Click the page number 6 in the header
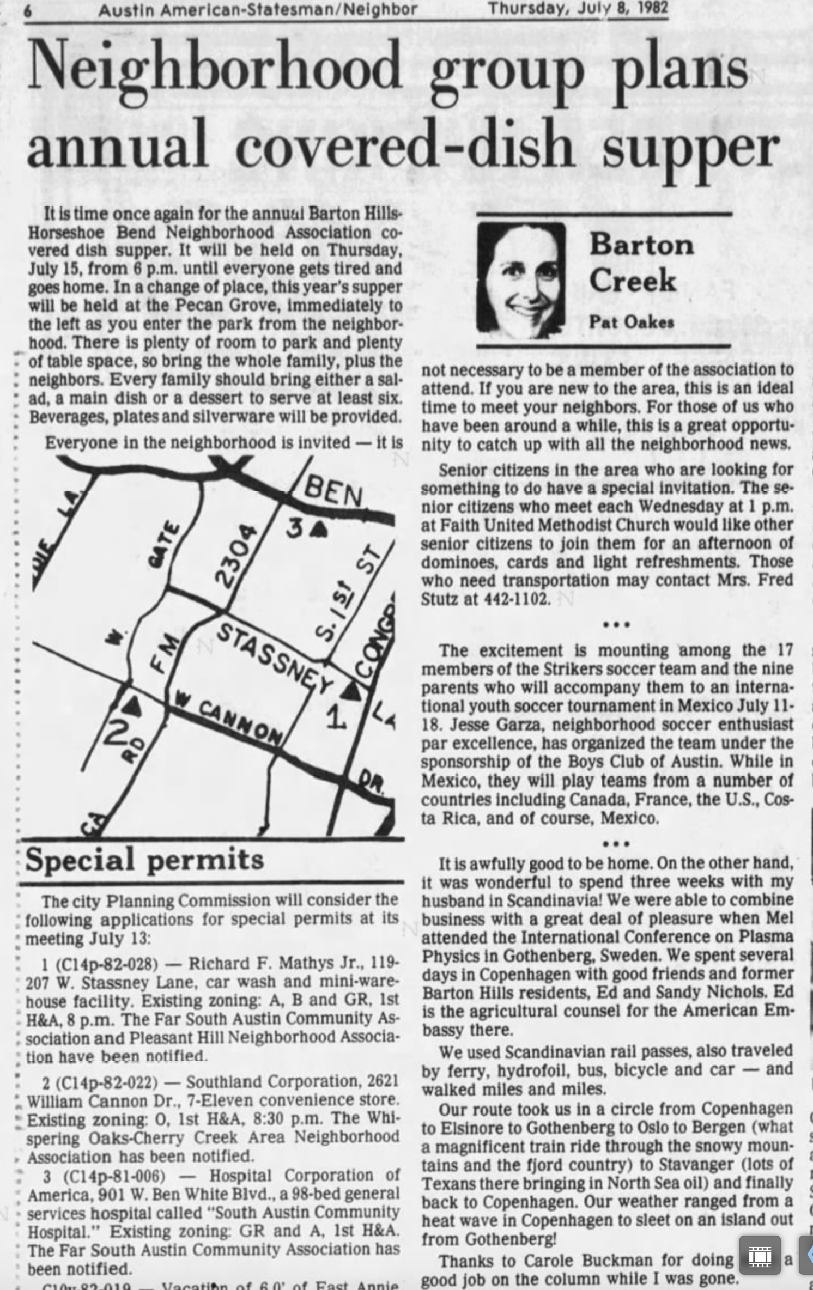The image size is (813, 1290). click(x=28, y=10)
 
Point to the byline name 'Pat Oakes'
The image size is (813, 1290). click(x=631, y=322)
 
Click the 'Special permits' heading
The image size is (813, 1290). click(x=144, y=860)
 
